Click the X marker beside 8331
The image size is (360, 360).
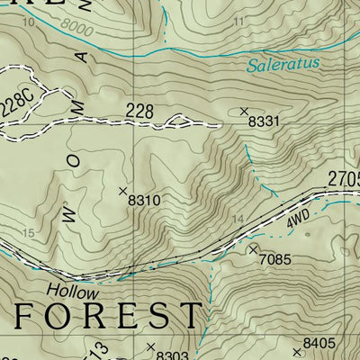pos(244,111)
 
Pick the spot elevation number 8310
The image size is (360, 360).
pos(144,199)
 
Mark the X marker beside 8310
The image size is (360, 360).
pos(124,190)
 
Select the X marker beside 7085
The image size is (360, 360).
pos(253,248)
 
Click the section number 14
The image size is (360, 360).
pos(238,219)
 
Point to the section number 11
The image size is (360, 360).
pos(237,21)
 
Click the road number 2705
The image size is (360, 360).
pos(343,179)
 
